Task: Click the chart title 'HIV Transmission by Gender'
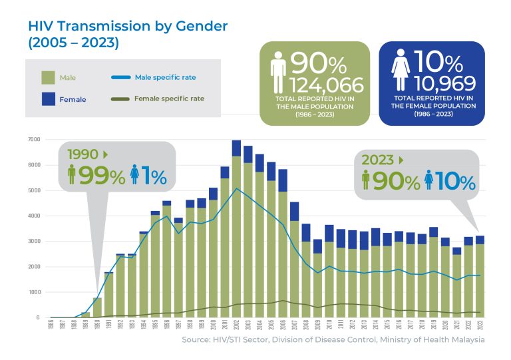click(127, 26)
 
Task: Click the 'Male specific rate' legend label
click(165, 77)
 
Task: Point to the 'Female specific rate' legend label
click(168, 98)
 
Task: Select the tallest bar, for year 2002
click(236, 230)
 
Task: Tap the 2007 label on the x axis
click(295, 327)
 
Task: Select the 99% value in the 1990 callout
click(102, 176)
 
